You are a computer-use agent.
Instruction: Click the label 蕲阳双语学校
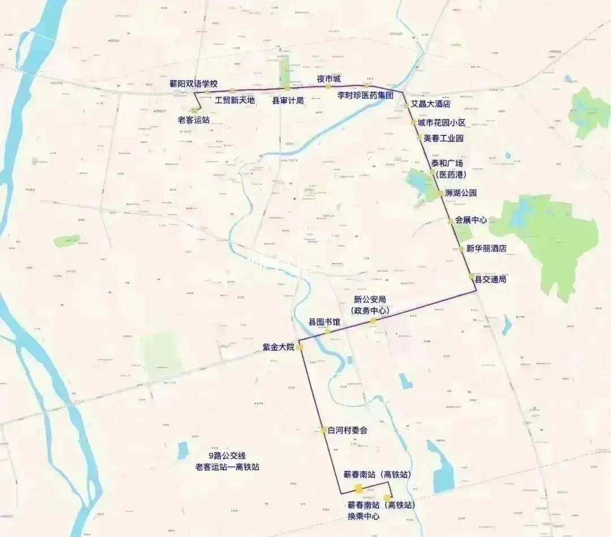(193, 84)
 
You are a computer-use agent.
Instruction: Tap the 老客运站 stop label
(193, 120)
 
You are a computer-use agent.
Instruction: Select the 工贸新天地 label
(235, 100)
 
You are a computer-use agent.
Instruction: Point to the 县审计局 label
(288, 101)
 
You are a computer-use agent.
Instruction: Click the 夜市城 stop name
(329, 79)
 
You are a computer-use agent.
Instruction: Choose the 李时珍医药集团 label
(365, 95)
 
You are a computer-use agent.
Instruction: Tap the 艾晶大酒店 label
(431, 104)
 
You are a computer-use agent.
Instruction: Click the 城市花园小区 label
(441, 123)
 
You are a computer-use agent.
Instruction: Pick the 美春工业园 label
(443, 138)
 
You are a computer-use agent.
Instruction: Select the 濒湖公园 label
(461, 193)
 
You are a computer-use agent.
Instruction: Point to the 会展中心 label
(471, 220)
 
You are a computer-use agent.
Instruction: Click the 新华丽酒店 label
(486, 249)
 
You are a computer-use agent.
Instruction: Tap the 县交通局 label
(490, 279)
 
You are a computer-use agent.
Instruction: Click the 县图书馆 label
(324, 322)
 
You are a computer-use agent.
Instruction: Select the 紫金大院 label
(278, 347)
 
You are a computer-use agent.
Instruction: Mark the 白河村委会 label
(347, 431)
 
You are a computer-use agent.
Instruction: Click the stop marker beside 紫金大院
(300, 347)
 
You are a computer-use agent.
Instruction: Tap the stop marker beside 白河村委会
(323, 430)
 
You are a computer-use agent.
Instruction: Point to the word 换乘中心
(363, 516)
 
